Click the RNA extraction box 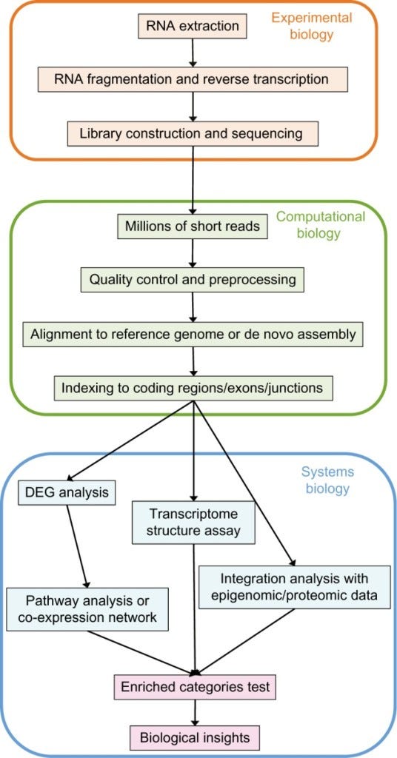[x=193, y=26]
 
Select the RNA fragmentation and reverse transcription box [x=193, y=79]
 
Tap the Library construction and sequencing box [x=193, y=133]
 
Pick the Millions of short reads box [x=193, y=227]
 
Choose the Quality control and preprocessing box [x=193, y=279]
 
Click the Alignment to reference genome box [x=193, y=334]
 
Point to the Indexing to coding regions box [x=193, y=388]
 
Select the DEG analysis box [x=67, y=492]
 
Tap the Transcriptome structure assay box [x=193, y=523]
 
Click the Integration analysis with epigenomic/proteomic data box [x=295, y=586]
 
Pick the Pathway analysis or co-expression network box [x=87, y=609]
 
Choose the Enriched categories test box [x=195, y=687]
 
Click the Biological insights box [x=195, y=738]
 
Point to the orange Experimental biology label [x=311, y=26]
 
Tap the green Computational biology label [x=321, y=225]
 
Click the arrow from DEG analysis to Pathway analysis [x=77, y=546]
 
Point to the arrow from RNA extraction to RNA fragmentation [x=193, y=53]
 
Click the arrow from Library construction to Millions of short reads [x=193, y=180]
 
